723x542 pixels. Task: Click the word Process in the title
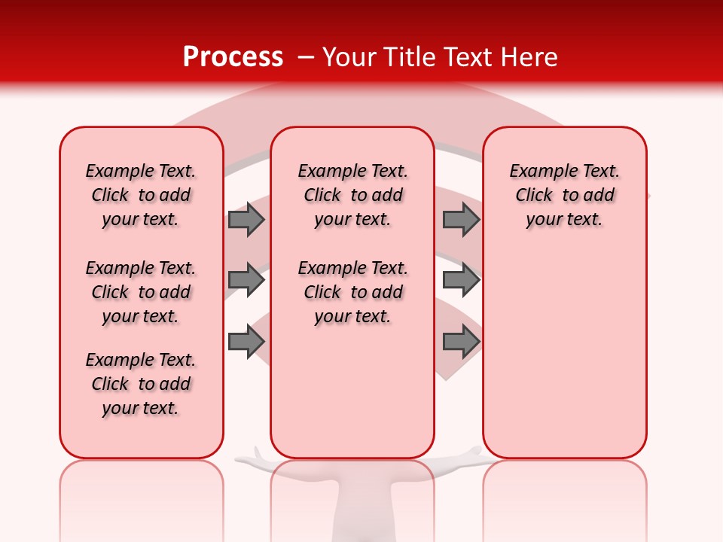tap(233, 57)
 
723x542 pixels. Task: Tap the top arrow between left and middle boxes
tap(246, 219)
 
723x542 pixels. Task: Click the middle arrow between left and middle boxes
tap(246, 280)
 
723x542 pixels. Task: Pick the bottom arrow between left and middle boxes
tap(246, 341)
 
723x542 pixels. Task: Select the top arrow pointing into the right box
tap(461, 219)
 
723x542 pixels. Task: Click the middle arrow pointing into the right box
tap(461, 280)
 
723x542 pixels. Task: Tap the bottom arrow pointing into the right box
tap(461, 341)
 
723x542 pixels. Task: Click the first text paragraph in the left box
tap(141, 195)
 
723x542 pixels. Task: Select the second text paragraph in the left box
tap(141, 292)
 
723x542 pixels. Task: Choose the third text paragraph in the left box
tap(141, 384)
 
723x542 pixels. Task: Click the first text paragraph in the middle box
tap(352, 195)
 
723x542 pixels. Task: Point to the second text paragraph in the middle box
tap(352, 292)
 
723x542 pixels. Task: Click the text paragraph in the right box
tap(564, 195)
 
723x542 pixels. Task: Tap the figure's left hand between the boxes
tap(252, 456)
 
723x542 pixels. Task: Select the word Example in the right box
tap(537, 171)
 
